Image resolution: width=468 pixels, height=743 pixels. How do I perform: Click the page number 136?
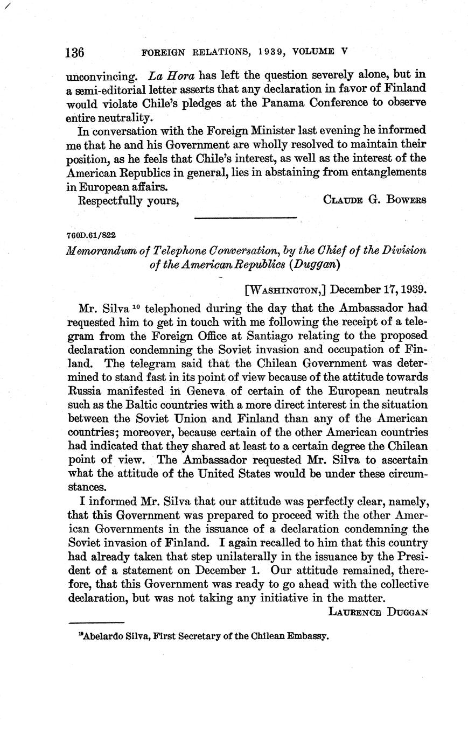coord(75,53)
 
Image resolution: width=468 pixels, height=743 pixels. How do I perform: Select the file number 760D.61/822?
coord(92,235)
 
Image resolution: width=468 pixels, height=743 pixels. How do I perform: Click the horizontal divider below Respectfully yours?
coord(245,218)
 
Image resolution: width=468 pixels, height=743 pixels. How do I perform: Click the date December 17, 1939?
coord(379,289)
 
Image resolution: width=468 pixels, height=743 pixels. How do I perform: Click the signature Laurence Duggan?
coord(378,612)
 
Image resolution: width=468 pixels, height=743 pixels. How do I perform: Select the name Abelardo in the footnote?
coord(99,636)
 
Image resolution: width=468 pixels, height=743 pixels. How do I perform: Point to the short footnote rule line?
coord(97,623)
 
